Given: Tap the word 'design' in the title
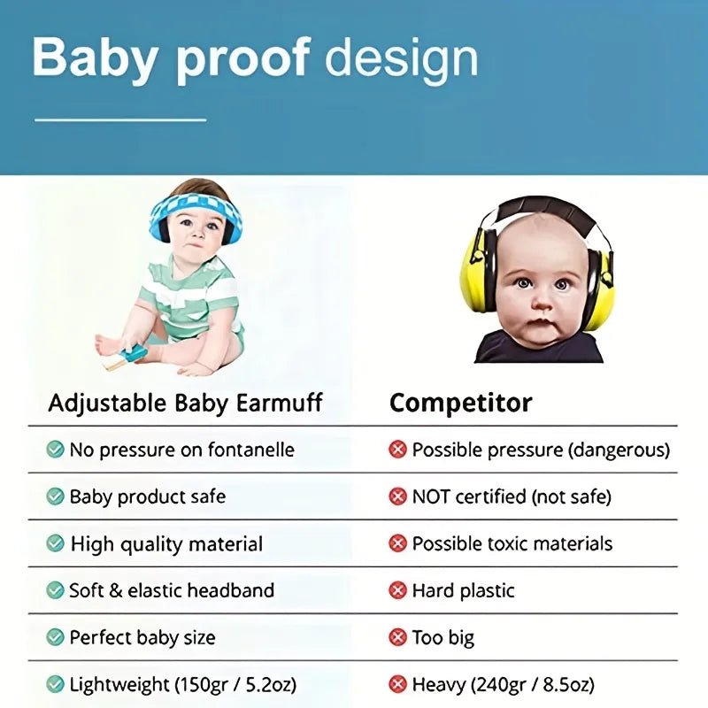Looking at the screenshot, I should [x=401, y=58].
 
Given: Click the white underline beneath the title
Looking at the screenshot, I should [x=120, y=119].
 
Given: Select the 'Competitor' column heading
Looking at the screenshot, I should [x=461, y=404].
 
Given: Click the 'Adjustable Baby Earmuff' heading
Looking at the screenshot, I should [x=185, y=404].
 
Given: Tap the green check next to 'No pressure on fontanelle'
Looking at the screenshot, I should [x=55, y=450].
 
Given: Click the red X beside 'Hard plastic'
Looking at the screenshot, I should [x=398, y=590].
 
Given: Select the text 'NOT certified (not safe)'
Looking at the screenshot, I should [x=512, y=496].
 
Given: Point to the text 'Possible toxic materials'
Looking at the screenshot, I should [x=512, y=543].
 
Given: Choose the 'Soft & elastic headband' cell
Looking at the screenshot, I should [x=172, y=590].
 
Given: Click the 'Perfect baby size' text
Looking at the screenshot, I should [x=142, y=637].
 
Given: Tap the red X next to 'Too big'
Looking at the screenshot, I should [x=398, y=637].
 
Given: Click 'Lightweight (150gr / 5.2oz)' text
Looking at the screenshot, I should [x=183, y=684].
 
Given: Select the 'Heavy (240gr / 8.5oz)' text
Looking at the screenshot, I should [x=503, y=684].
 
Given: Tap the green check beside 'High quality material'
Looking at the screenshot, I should [x=55, y=543].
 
